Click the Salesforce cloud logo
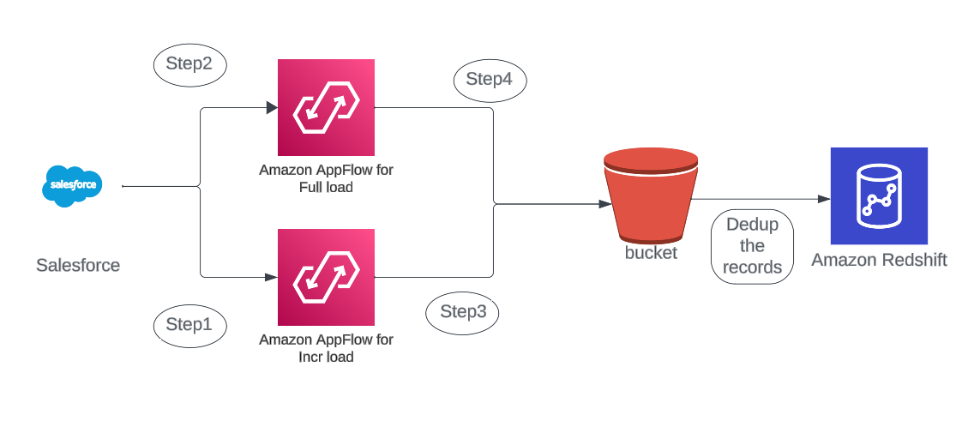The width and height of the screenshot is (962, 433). (72, 185)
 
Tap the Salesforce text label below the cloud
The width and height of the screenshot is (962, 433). (78, 265)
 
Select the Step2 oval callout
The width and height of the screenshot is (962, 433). (189, 64)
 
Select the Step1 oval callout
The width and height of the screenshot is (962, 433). (189, 325)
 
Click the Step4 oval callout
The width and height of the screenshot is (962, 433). (490, 80)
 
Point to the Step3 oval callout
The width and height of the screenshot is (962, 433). (463, 312)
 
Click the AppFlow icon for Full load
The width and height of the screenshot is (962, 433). (326, 107)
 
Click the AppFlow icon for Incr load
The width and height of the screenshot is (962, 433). (326, 277)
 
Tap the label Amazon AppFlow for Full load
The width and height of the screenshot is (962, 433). (326, 178)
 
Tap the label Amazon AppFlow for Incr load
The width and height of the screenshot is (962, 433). (326, 348)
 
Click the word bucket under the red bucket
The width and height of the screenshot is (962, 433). (651, 253)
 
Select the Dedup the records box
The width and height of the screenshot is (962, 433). (752, 246)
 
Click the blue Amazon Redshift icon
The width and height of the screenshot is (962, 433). (879, 195)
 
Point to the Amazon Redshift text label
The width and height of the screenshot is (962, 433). (879, 260)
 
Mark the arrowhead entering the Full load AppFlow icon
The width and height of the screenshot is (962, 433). (272, 108)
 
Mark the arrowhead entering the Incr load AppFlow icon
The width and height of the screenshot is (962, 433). (272, 277)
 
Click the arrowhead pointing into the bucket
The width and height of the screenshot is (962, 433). (605, 204)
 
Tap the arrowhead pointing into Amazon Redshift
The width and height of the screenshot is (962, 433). (824, 199)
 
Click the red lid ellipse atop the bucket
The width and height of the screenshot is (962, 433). (651, 159)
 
